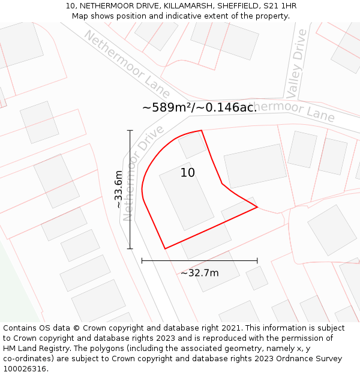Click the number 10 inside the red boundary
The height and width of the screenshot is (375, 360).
pos(187,173)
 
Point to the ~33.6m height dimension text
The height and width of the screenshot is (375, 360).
pos(119,190)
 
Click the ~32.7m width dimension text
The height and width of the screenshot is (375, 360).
pos(199,273)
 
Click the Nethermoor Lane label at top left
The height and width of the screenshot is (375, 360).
pos(127,64)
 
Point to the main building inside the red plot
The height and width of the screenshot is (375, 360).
pos(186,196)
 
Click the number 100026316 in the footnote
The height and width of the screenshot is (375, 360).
pos(25,369)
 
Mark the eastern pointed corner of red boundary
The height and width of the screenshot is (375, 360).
pos(257,208)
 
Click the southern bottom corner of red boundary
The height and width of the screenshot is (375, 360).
pos(165,248)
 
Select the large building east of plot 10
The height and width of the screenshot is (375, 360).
pos(255,166)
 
